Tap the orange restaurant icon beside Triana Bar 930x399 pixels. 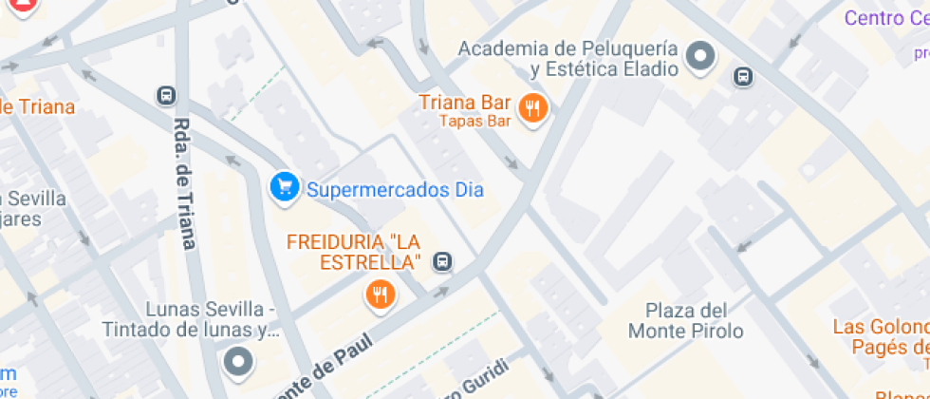point(533,109)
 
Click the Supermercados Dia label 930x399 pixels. point(394,190)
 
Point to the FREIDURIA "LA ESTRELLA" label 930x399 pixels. point(354,251)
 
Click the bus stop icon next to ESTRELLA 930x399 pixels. point(442,261)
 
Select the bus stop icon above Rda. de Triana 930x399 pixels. point(167,95)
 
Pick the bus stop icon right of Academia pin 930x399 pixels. point(744,76)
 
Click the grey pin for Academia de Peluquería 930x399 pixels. point(701,57)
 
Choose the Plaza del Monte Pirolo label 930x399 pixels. point(686,320)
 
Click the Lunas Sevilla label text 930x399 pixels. point(214,320)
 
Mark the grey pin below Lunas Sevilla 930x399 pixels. point(238,362)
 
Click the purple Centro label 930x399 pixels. point(886,17)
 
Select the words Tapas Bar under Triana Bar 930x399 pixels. point(474,121)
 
